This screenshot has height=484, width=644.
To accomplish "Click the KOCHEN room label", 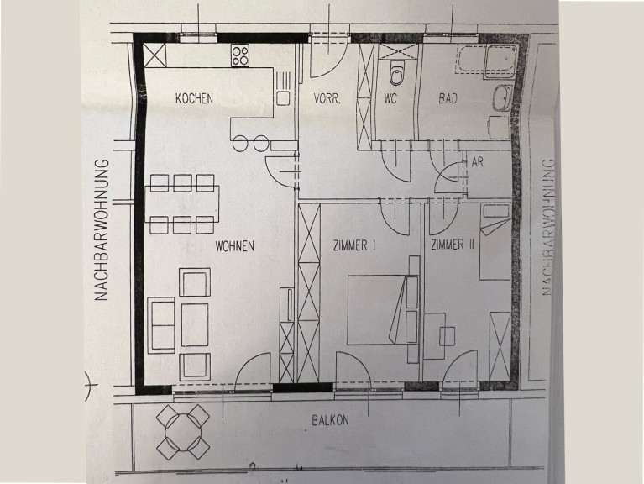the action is click(x=194, y=98).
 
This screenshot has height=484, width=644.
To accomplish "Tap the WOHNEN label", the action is click(x=235, y=246).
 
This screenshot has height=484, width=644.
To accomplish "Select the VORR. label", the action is click(x=327, y=98).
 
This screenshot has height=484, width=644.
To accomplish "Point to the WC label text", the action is click(x=390, y=98).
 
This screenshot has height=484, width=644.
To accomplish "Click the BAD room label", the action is click(x=448, y=98).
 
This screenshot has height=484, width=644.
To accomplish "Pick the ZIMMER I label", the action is click(x=354, y=245).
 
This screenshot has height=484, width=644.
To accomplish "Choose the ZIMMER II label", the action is click(x=453, y=245).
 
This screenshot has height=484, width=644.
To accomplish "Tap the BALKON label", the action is click(x=330, y=420).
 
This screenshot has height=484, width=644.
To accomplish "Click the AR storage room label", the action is click(x=477, y=162).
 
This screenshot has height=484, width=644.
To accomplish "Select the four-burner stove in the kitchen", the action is click(x=240, y=55).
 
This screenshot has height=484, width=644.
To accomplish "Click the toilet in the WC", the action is click(x=397, y=73).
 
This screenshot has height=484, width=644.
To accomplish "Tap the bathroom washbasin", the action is click(x=502, y=98).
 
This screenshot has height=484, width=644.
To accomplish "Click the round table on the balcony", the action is click(x=184, y=432).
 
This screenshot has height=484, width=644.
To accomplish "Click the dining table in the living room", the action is click(x=182, y=204).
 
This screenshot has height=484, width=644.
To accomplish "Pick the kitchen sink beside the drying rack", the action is click(x=283, y=98).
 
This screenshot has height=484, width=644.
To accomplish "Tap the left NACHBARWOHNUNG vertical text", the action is click(x=102, y=230).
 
